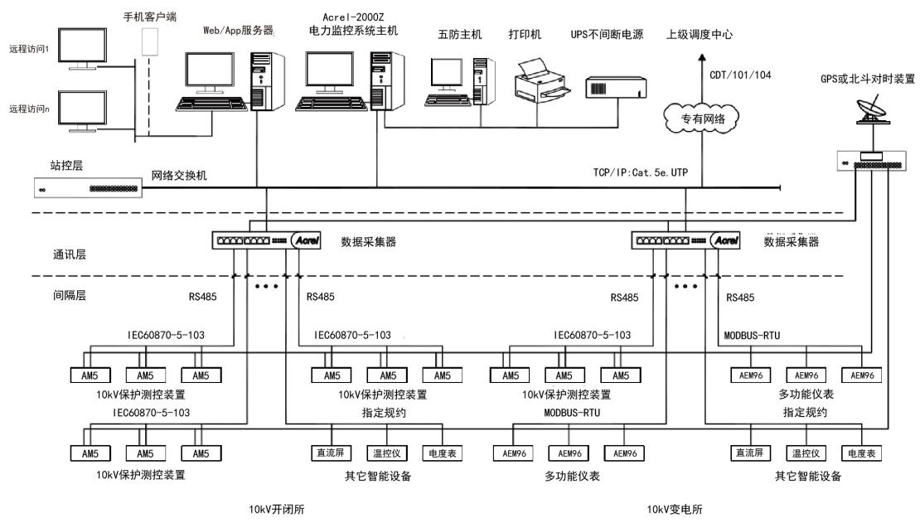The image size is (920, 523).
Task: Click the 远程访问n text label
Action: pyautogui.click(x=29, y=109)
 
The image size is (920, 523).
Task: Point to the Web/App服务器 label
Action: pyautogui.click(x=239, y=30)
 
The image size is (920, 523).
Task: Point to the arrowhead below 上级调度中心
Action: pyautogui.click(x=702, y=56)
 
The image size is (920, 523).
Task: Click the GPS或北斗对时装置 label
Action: pyautogui.click(x=864, y=80)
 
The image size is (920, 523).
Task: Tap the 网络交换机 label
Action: pyautogui.click(x=178, y=177)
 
